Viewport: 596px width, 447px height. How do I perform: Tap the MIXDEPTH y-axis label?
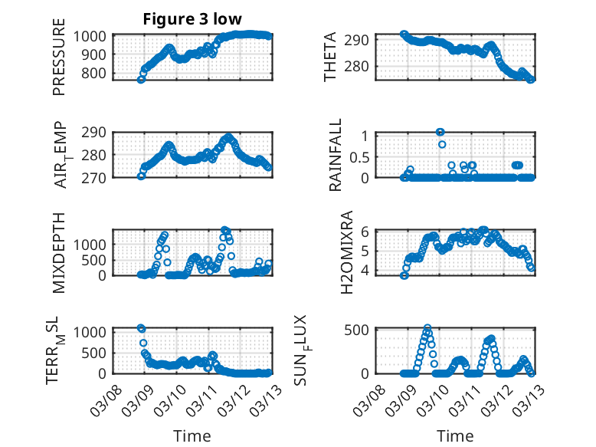[59, 252]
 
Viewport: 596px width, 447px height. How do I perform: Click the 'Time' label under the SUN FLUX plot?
[456, 435]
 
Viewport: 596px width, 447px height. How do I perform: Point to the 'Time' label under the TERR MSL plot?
[192, 435]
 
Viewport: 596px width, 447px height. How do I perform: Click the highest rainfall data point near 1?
[440, 132]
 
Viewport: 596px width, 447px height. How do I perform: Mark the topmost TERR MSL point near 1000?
[141, 328]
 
